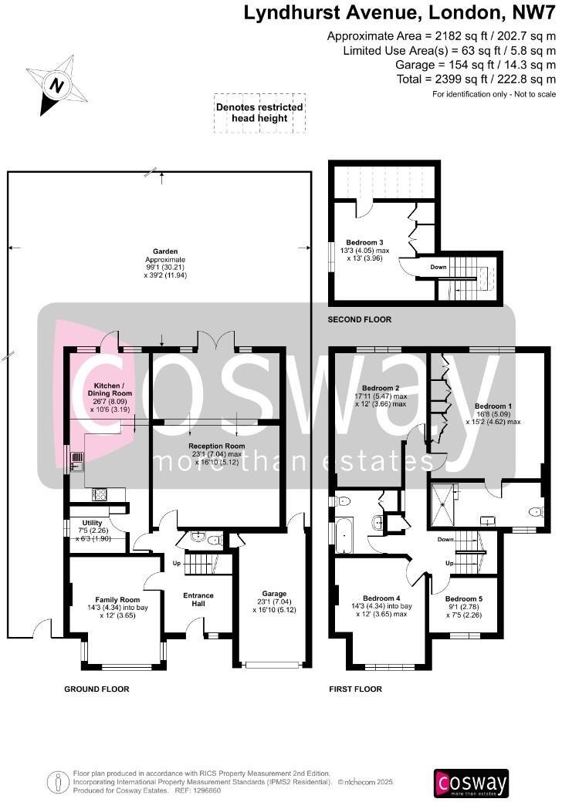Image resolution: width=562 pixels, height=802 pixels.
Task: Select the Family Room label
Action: tap(117, 599)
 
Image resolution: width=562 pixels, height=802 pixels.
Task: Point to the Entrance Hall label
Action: tap(198, 599)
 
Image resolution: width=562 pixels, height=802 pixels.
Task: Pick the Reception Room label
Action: tap(217, 446)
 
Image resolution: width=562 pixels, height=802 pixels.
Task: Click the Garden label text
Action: tap(165, 251)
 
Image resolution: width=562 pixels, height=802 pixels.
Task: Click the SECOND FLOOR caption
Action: tap(359, 319)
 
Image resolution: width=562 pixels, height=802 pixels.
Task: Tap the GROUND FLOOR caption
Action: tap(96, 689)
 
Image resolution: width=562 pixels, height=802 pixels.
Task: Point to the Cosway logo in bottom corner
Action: tap(472, 782)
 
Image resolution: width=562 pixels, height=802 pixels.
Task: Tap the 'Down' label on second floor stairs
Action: tap(438, 267)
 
